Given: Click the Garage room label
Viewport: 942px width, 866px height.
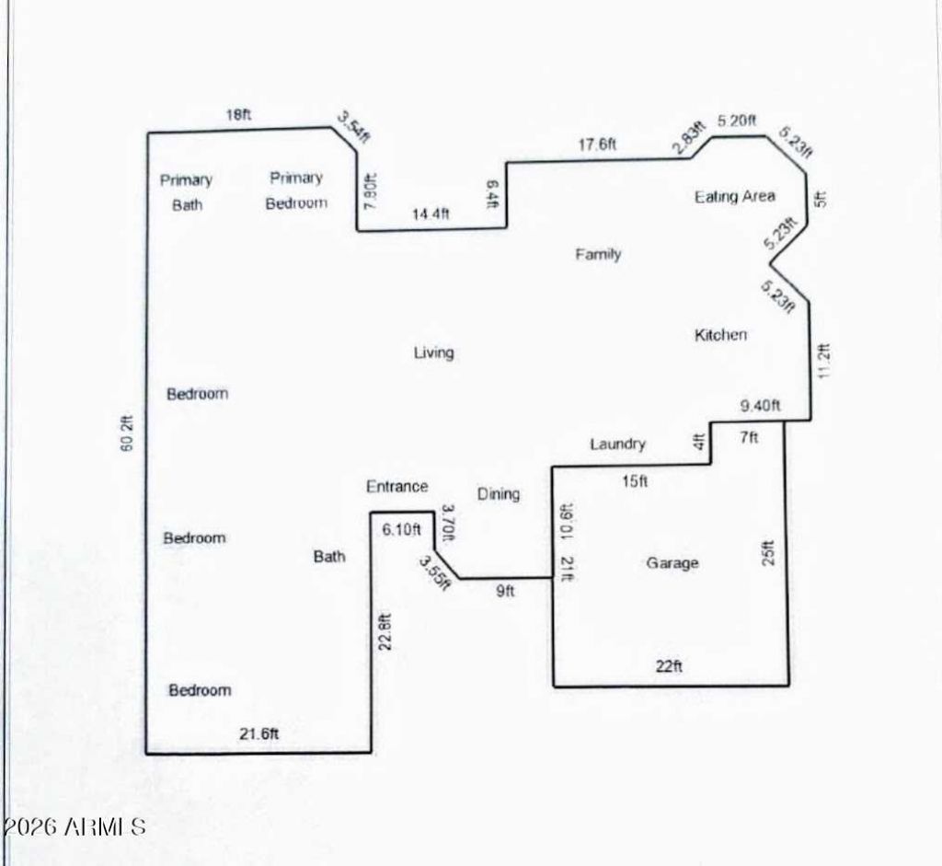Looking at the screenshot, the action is (672, 563).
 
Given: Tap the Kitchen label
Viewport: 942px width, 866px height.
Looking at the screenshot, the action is (720, 335).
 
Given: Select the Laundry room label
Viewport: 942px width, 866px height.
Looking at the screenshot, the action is (617, 445).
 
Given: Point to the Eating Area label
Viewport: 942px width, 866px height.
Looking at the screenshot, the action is (735, 197).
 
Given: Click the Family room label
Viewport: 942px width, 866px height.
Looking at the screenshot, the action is (598, 254).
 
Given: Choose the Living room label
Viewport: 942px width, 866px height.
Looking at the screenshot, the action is (434, 352).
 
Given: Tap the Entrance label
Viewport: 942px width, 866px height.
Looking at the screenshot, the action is (397, 486).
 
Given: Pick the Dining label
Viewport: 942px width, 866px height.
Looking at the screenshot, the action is (499, 494).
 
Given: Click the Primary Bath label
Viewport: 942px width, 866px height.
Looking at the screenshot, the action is (187, 192).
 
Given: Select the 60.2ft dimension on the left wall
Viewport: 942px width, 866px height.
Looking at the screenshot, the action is (127, 433).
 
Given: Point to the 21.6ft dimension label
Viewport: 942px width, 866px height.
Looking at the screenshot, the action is (258, 733).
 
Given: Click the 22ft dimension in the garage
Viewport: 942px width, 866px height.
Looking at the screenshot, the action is (669, 666).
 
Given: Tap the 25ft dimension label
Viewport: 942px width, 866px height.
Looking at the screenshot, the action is (768, 553).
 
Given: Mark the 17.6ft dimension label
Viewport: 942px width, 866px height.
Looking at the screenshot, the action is (597, 144).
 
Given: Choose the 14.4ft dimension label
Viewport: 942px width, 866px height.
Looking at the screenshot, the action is (431, 214).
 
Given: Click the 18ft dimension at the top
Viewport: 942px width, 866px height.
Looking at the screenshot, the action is (238, 114).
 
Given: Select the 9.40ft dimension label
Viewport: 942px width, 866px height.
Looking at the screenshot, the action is (760, 406).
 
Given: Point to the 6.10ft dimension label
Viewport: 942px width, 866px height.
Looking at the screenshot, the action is (401, 529).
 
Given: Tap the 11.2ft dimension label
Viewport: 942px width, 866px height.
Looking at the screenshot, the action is (823, 361).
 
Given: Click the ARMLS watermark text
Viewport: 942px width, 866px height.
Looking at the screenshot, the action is (74, 827).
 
